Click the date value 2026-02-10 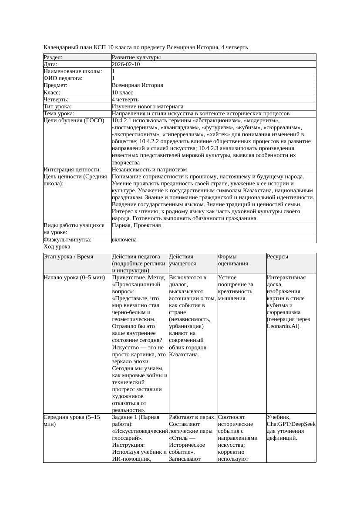click(x=126, y=64)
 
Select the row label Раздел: click(x=53, y=57)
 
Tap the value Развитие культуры click(x=136, y=57)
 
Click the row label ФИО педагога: click(x=63, y=78)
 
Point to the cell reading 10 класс click(x=122, y=93)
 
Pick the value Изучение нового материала click(x=148, y=107)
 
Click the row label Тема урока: click(x=59, y=114)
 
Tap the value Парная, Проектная click(x=136, y=225)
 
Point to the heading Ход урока click(x=57, y=247)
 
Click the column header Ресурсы click(x=278, y=257)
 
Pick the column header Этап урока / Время click(x=68, y=257)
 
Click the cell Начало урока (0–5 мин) click(x=74, y=277)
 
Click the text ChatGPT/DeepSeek click(x=291, y=424)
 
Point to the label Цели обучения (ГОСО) click(x=74, y=121)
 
